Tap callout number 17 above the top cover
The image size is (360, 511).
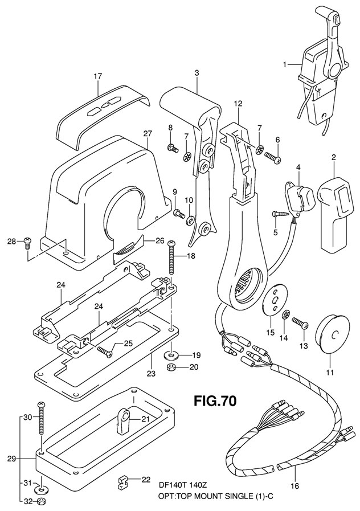click(x=98, y=76)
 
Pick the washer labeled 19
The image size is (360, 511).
click(x=170, y=355)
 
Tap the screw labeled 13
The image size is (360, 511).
click(x=300, y=324)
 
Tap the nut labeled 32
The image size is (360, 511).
click(x=41, y=502)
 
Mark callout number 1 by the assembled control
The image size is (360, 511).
click(x=285, y=65)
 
